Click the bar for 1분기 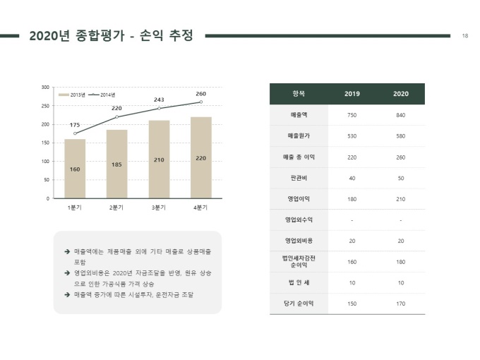click(x=75, y=169)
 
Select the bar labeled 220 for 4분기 click(x=201, y=157)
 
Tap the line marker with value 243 click(x=160, y=109)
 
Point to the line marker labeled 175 click(x=75, y=133)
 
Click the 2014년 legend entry click(x=102, y=95)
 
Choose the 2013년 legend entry click(x=71, y=95)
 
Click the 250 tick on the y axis click(x=45, y=106)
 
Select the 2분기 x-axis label click(x=116, y=208)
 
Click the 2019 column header click(x=352, y=94)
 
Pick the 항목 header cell click(x=299, y=94)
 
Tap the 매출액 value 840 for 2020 click(x=401, y=115)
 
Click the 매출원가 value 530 click(x=352, y=136)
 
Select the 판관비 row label click(x=299, y=178)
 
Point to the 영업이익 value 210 click(x=401, y=199)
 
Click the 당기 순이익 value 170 click(x=401, y=304)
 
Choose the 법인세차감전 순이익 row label click(x=299, y=261)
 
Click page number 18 click(x=465, y=36)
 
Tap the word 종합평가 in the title click(x=100, y=35)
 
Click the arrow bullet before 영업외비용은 click(x=67, y=272)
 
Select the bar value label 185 click(x=116, y=164)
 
